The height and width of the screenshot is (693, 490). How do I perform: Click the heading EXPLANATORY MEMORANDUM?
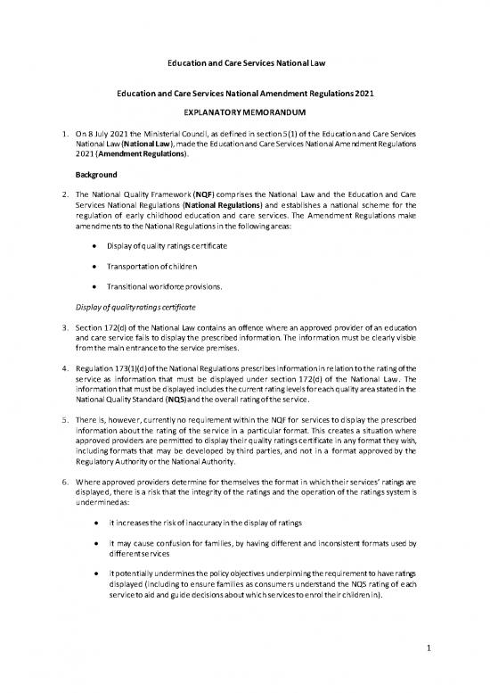244,116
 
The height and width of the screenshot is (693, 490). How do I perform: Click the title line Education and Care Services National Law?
244,64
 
